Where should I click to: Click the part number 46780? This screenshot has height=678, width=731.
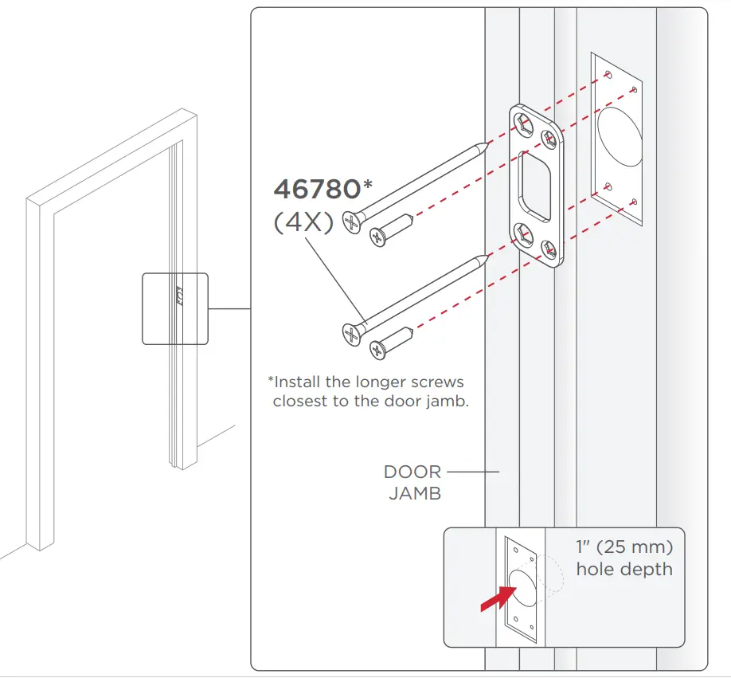(317, 190)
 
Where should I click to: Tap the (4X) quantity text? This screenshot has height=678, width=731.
(303, 222)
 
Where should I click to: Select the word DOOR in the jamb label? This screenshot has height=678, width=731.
(412, 472)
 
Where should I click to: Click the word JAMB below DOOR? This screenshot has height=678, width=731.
(415, 493)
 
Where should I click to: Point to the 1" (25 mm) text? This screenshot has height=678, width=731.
(624, 548)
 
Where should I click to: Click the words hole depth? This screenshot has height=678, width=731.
(624, 569)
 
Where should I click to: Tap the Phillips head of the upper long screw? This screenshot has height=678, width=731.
(351, 221)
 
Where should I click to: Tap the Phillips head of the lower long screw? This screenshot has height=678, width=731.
(351, 332)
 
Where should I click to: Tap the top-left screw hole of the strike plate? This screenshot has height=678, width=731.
(522, 121)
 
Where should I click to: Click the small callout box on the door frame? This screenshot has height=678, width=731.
(174, 308)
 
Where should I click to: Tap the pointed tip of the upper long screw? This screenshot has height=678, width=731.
(484, 145)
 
